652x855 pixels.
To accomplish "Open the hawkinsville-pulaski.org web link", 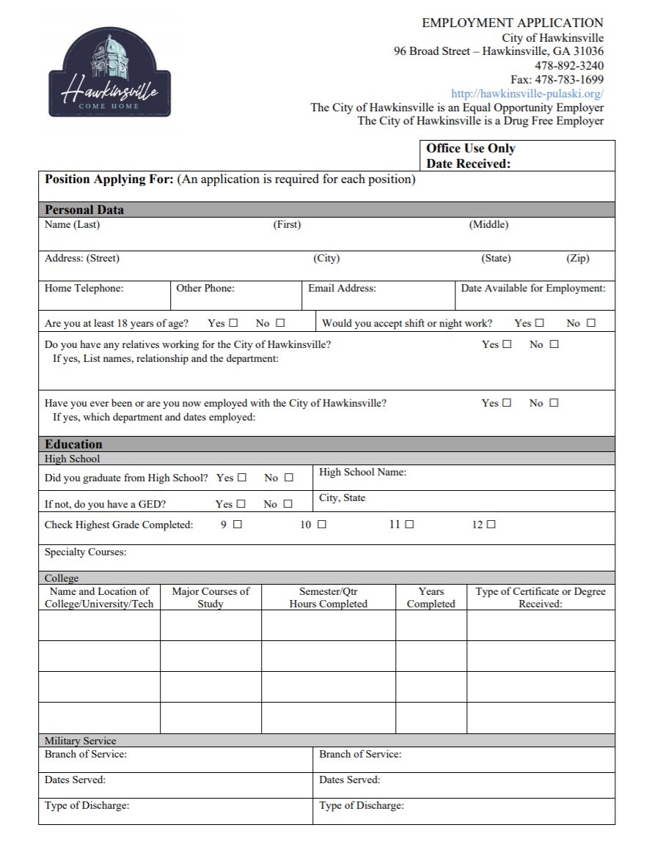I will (x=527, y=94).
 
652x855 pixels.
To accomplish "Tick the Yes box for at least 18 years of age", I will (x=234, y=323).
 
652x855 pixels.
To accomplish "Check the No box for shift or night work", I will (x=591, y=323).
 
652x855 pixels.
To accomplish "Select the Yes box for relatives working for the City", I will (x=507, y=344).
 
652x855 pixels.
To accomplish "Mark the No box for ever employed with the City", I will (x=554, y=403).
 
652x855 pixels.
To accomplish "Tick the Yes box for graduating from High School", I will (x=242, y=478).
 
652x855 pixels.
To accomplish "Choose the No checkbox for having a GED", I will (x=287, y=504).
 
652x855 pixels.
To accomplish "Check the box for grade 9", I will (x=237, y=525).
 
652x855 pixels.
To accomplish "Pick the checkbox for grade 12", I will (x=491, y=525).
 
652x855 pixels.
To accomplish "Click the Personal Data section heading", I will (x=84, y=210).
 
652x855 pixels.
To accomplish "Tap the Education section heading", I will (x=73, y=444).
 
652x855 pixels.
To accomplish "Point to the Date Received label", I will (x=468, y=164).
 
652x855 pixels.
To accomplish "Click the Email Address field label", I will (x=342, y=289).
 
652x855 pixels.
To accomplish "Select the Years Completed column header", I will (x=431, y=598).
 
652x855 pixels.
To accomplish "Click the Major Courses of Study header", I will (x=210, y=598).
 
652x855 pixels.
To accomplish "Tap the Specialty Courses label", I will (x=85, y=552).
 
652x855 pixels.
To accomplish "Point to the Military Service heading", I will (x=80, y=741).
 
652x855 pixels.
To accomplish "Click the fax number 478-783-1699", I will (x=557, y=80).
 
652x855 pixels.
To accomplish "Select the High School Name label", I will (x=362, y=473).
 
